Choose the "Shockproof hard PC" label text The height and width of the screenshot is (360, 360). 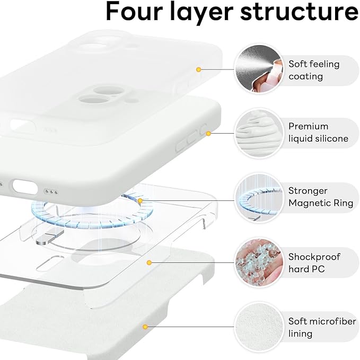[x=314, y=263]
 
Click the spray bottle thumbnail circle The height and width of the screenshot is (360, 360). [x=258, y=69]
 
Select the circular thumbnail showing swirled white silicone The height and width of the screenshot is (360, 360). [x=258, y=133]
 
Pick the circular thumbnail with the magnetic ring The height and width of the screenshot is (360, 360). [x=258, y=198]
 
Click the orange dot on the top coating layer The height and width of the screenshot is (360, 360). [x=198, y=69]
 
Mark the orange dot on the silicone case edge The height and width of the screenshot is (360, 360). [x=208, y=133]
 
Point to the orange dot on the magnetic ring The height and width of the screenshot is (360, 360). [x=140, y=201]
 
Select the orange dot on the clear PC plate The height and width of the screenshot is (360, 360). [x=150, y=262]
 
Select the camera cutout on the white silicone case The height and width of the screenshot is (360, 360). [x=94, y=99]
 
